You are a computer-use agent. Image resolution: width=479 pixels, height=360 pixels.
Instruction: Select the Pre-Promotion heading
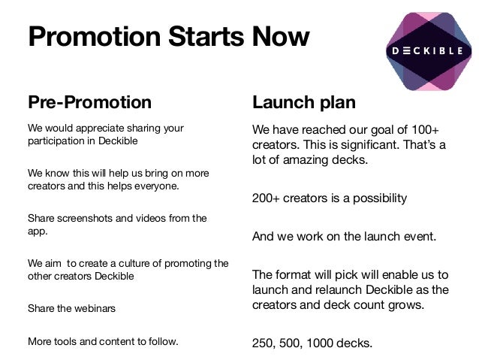(89, 102)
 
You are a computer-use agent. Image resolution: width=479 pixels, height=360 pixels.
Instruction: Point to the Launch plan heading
(303, 102)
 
